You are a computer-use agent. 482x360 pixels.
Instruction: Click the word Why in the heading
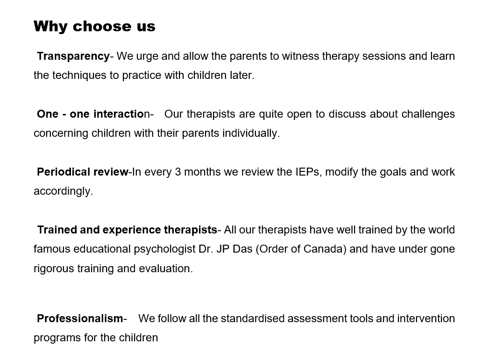point(50,26)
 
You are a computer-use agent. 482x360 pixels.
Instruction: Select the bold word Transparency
point(73,56)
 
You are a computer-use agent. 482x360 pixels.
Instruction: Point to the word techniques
point(79,75)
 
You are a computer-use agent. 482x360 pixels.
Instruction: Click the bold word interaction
point(121,114)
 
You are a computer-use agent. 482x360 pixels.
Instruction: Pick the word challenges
point(428,114)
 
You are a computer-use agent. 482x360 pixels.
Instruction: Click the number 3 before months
point(177,172)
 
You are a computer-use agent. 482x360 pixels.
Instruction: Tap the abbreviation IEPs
point(309,172)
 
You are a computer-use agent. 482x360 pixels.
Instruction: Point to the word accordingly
point(63,191)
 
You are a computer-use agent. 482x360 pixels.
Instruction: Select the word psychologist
point(165,249)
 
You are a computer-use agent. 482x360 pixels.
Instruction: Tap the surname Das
point(242,249)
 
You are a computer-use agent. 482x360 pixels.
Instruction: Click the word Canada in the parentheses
point(325,249)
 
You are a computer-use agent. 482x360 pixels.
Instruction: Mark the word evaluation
point(166,268)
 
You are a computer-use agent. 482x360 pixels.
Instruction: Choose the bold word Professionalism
point(80,318)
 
